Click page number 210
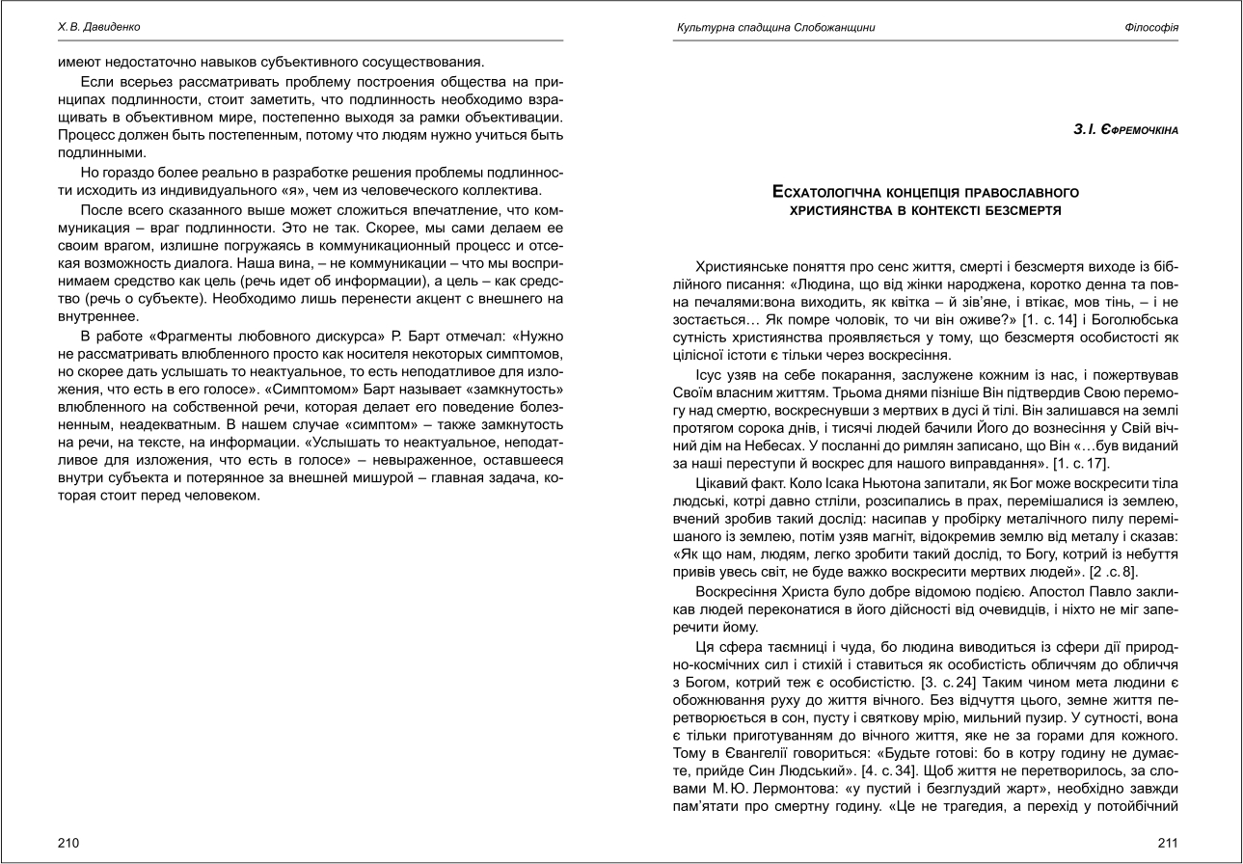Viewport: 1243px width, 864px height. click(68, 842)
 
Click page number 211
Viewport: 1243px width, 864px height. click(1168, 842)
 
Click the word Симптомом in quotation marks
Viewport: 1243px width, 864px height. click(304, 389)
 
